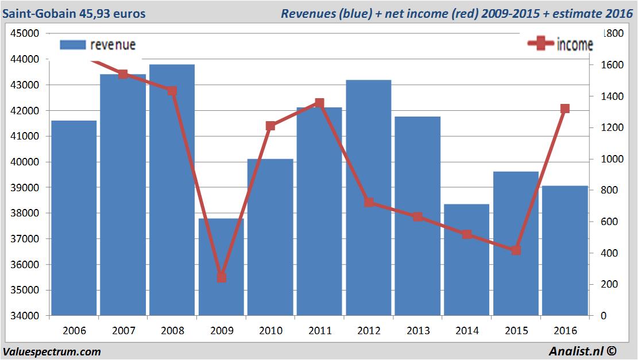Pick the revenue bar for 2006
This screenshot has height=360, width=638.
pyautogui.click(x=74, y=218)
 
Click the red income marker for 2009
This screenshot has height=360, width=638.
pyautogui.click(x=221, y=278)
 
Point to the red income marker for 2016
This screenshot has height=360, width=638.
pyautogui.click(x=565, y=109)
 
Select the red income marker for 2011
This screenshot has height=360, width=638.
pyautogui.click(x=319, y=103)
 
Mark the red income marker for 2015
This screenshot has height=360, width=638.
pyautogui.click(x=516, y=250)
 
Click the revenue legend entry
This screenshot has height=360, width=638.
pyautogui.click(x=98, y=45)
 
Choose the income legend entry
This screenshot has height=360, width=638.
pyautogui.click(x=560, y=44)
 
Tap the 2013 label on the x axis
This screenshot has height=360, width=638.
pyautogui.click(x=417, y=331)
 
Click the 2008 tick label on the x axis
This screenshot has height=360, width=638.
pyautogui.click(x=172, y=331)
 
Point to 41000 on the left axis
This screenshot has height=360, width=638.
pyautogui.click(x=25, y=137)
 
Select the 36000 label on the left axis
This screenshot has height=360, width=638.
pyautogui.click(x=25, y=265)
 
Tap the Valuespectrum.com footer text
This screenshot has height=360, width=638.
pyautogui.click(x=52, y=352)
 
